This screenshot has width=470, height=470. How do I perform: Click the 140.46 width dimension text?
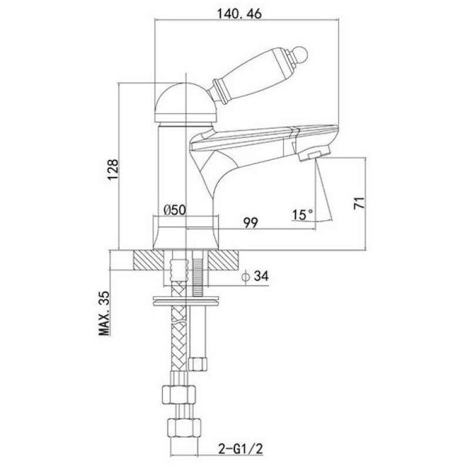click(239, 14)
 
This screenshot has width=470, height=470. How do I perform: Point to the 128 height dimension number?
click(113, 169)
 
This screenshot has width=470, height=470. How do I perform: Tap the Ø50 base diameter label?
click(175, 210)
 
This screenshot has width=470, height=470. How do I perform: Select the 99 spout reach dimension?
click(250, 223)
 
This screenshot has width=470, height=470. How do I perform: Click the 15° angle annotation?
click(303, 214)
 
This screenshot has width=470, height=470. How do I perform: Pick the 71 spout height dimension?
click(360, 203)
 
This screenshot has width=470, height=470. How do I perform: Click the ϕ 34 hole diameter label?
click(255, 276)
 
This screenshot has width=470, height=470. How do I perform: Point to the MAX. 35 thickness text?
click(105, 313)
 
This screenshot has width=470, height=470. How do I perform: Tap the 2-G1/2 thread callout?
click(241, 449)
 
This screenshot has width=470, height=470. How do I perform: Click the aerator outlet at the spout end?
click(313, 154)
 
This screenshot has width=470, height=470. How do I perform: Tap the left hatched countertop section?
click(149, 260)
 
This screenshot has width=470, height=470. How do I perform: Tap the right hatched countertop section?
click(223, 260)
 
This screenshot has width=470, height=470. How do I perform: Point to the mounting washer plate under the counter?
click(186, 301)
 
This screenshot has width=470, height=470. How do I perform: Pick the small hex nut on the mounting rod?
click(198, 364)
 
